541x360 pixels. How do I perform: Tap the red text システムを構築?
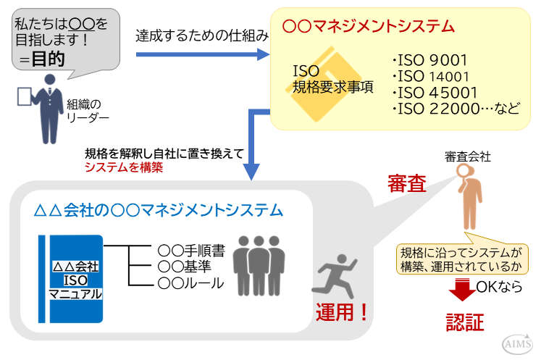click(124, 167)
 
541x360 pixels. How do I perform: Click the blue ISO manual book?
click(72, 278)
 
